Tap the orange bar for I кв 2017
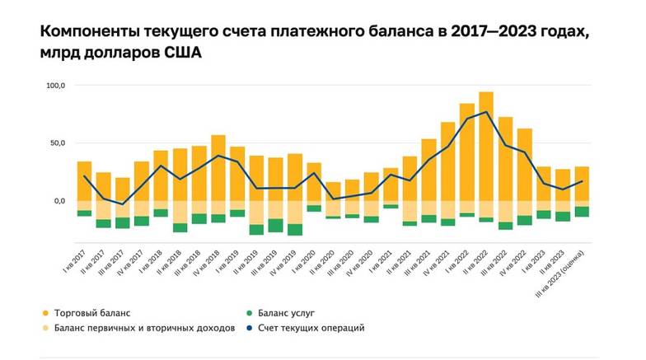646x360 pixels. point(84,180)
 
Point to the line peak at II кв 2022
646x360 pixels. point(486,112)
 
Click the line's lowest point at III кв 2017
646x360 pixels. point(123,203)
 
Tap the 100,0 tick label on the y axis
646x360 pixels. point(56,85)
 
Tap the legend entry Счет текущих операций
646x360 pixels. point(311,328)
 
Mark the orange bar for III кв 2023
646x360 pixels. point(582,184)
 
